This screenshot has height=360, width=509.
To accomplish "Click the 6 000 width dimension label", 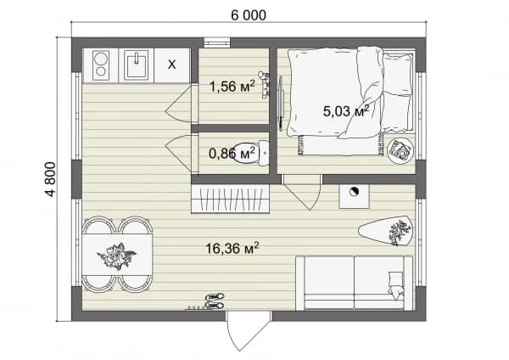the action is (x=249, y=15).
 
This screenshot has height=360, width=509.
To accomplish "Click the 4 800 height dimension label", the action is (x=51, y=179).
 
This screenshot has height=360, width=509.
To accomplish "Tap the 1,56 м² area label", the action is (x=232, y=86).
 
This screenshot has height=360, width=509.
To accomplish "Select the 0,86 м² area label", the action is (x=232, y=153).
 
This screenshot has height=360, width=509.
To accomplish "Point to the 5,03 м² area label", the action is (x=346, y=110).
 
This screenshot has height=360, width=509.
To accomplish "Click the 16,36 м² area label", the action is (x=232, y=248).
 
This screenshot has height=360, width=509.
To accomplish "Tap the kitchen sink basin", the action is (x=137, y=65).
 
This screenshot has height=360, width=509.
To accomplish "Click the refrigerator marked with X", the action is (x=171, y=65).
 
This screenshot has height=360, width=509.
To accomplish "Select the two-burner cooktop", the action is (x=101, y=65).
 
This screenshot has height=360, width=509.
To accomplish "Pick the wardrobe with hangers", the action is (x=230, y=200).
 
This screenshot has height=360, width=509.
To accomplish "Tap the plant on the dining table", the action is (x=116, y=256).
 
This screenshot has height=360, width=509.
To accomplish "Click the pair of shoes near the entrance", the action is (x=215, y=301).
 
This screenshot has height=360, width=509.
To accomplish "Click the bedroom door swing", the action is (x=301, y=192).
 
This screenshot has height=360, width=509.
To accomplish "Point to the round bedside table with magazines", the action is (x=400, y=150).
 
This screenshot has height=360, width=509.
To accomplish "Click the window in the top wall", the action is (x=217, y=42).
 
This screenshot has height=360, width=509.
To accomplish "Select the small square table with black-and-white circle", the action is (x=354, y=196).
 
